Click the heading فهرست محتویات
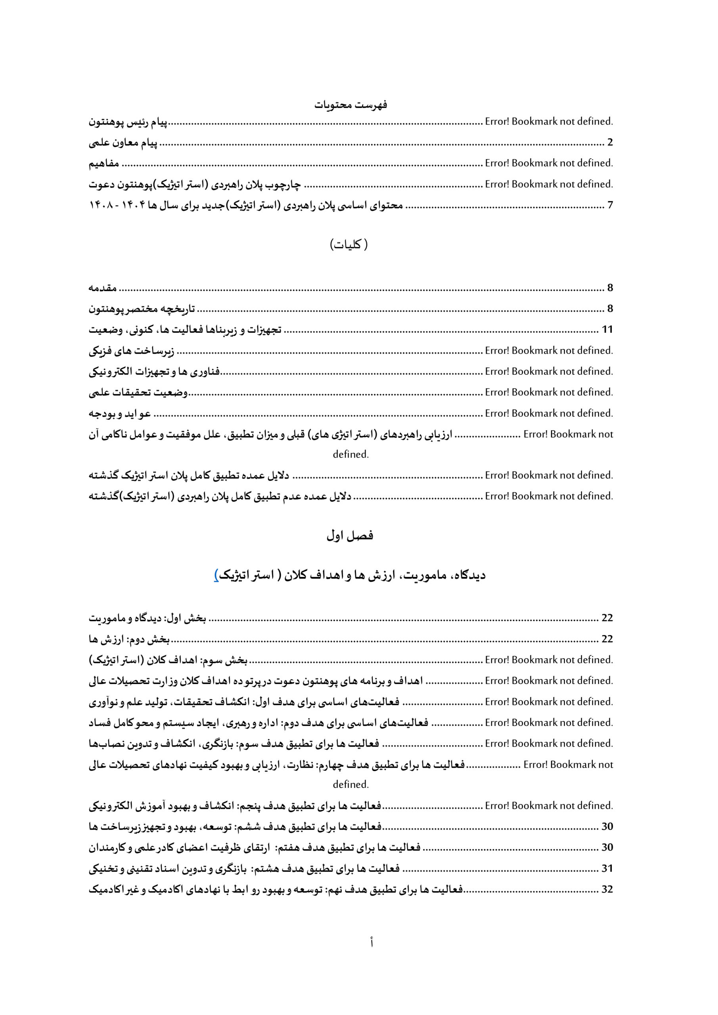[350, 105]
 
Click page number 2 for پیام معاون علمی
[610, 142]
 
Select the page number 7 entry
[610, 205]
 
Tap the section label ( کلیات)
[349, 245]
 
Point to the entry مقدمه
[103, 288]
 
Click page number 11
[607, 330]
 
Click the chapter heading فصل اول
[350, 535]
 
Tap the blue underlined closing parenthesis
[216, 575]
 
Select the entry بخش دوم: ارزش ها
[130, 639]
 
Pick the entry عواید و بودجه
[120, 414]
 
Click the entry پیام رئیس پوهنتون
[128, 122]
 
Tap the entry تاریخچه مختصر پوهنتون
[142, 309]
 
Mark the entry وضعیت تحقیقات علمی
[139, 393]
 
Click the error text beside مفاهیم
[549, 163]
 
